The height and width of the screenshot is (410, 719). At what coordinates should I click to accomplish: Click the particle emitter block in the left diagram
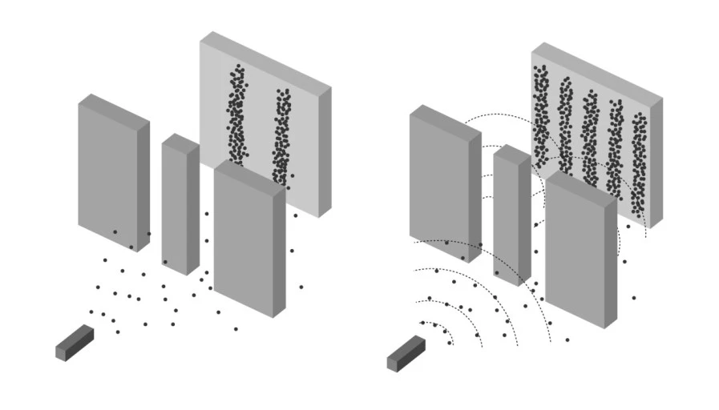(x=74, y=342)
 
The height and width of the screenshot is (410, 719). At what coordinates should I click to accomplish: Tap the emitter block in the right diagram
(x=406, y=353)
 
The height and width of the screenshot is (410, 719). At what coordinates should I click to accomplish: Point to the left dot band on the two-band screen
(x=236, y=116)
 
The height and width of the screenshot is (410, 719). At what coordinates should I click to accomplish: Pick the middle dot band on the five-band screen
(x=591, y=136)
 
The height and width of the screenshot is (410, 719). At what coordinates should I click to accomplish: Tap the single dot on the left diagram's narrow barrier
(x=165, y=262)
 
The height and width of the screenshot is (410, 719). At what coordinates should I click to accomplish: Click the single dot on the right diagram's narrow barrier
(x=497, y=273)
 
